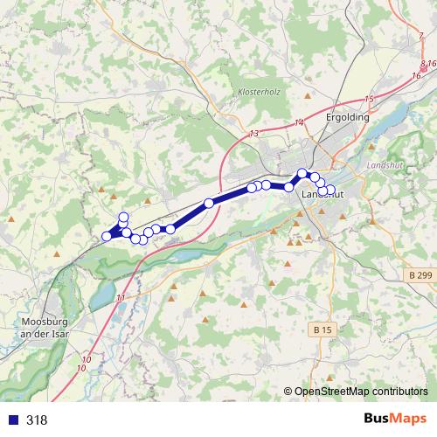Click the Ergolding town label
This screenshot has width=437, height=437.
[x=346, y=116]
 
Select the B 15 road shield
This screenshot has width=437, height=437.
[x=323, y=330]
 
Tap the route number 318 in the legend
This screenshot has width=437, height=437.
[x=37, y=420]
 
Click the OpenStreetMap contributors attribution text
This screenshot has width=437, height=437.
[x=360, y=392]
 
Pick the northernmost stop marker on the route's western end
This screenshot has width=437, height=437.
[x=123, y=217]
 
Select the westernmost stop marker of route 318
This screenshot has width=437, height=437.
[x=107, y=236]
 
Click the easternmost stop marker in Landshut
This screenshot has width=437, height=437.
[x=330, y=189]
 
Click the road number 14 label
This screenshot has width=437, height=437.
[x=300, y=123]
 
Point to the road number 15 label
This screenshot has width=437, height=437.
[x=369, y=100]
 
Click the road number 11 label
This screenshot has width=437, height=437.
[x=120, y=299]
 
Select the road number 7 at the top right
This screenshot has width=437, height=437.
[x=421, y=36]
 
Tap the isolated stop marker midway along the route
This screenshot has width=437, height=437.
[x=209, y=203]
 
